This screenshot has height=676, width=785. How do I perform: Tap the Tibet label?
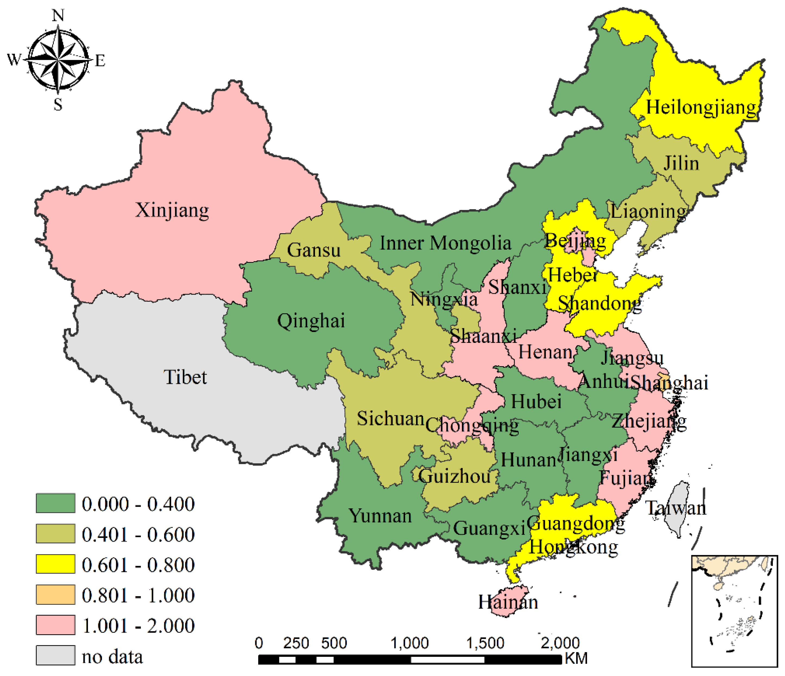click(185, 377)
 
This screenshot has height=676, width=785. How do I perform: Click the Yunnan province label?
click(380, 516)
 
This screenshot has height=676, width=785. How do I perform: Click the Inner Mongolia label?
click(445, 243)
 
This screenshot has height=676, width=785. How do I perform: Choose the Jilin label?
click(681, 164)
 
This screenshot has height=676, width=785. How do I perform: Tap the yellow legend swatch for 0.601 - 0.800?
click(55, 564)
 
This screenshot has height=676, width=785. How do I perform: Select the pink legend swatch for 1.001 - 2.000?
click(55, 625)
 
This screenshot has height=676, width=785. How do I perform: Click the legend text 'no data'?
click(112, 657)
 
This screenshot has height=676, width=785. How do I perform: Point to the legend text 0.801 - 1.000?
click(138, 595)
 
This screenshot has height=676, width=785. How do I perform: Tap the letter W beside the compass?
click(14, 59)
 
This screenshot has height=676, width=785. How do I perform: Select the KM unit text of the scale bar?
click(576, 659)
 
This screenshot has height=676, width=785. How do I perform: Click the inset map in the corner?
click(734, 611)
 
